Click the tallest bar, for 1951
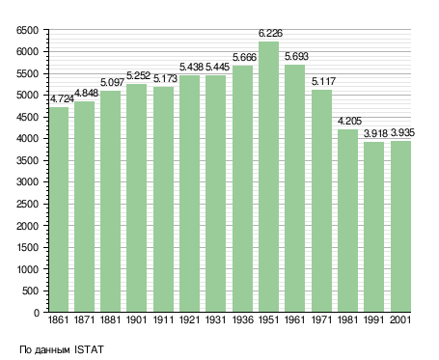click(x=269, y=177)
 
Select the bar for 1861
click(x=59, y=209)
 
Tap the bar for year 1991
click(x=373, y=227)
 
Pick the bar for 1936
click(x=242, y=188)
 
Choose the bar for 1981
click(x=347, y=221)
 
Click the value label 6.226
click(x=270, y=33)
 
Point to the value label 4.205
click(x=349, y=122)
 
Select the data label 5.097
click(x=112, y=83)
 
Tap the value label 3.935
click(x=402, y=133)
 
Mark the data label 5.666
click(x=244, y=58)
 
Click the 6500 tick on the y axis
click(x=27, y=30)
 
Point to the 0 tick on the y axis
click(x=37, y=313)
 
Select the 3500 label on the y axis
click(x=27, y=160)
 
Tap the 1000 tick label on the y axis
click(x=27, y=269)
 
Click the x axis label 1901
click(x=136, y=319)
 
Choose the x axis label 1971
click(x=321, y=319)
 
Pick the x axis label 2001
click(x=400, y=319)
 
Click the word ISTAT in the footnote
click(x=89, y=349)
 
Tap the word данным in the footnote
click(x=52, y=350)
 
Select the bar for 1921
click(x=190, y=194)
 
